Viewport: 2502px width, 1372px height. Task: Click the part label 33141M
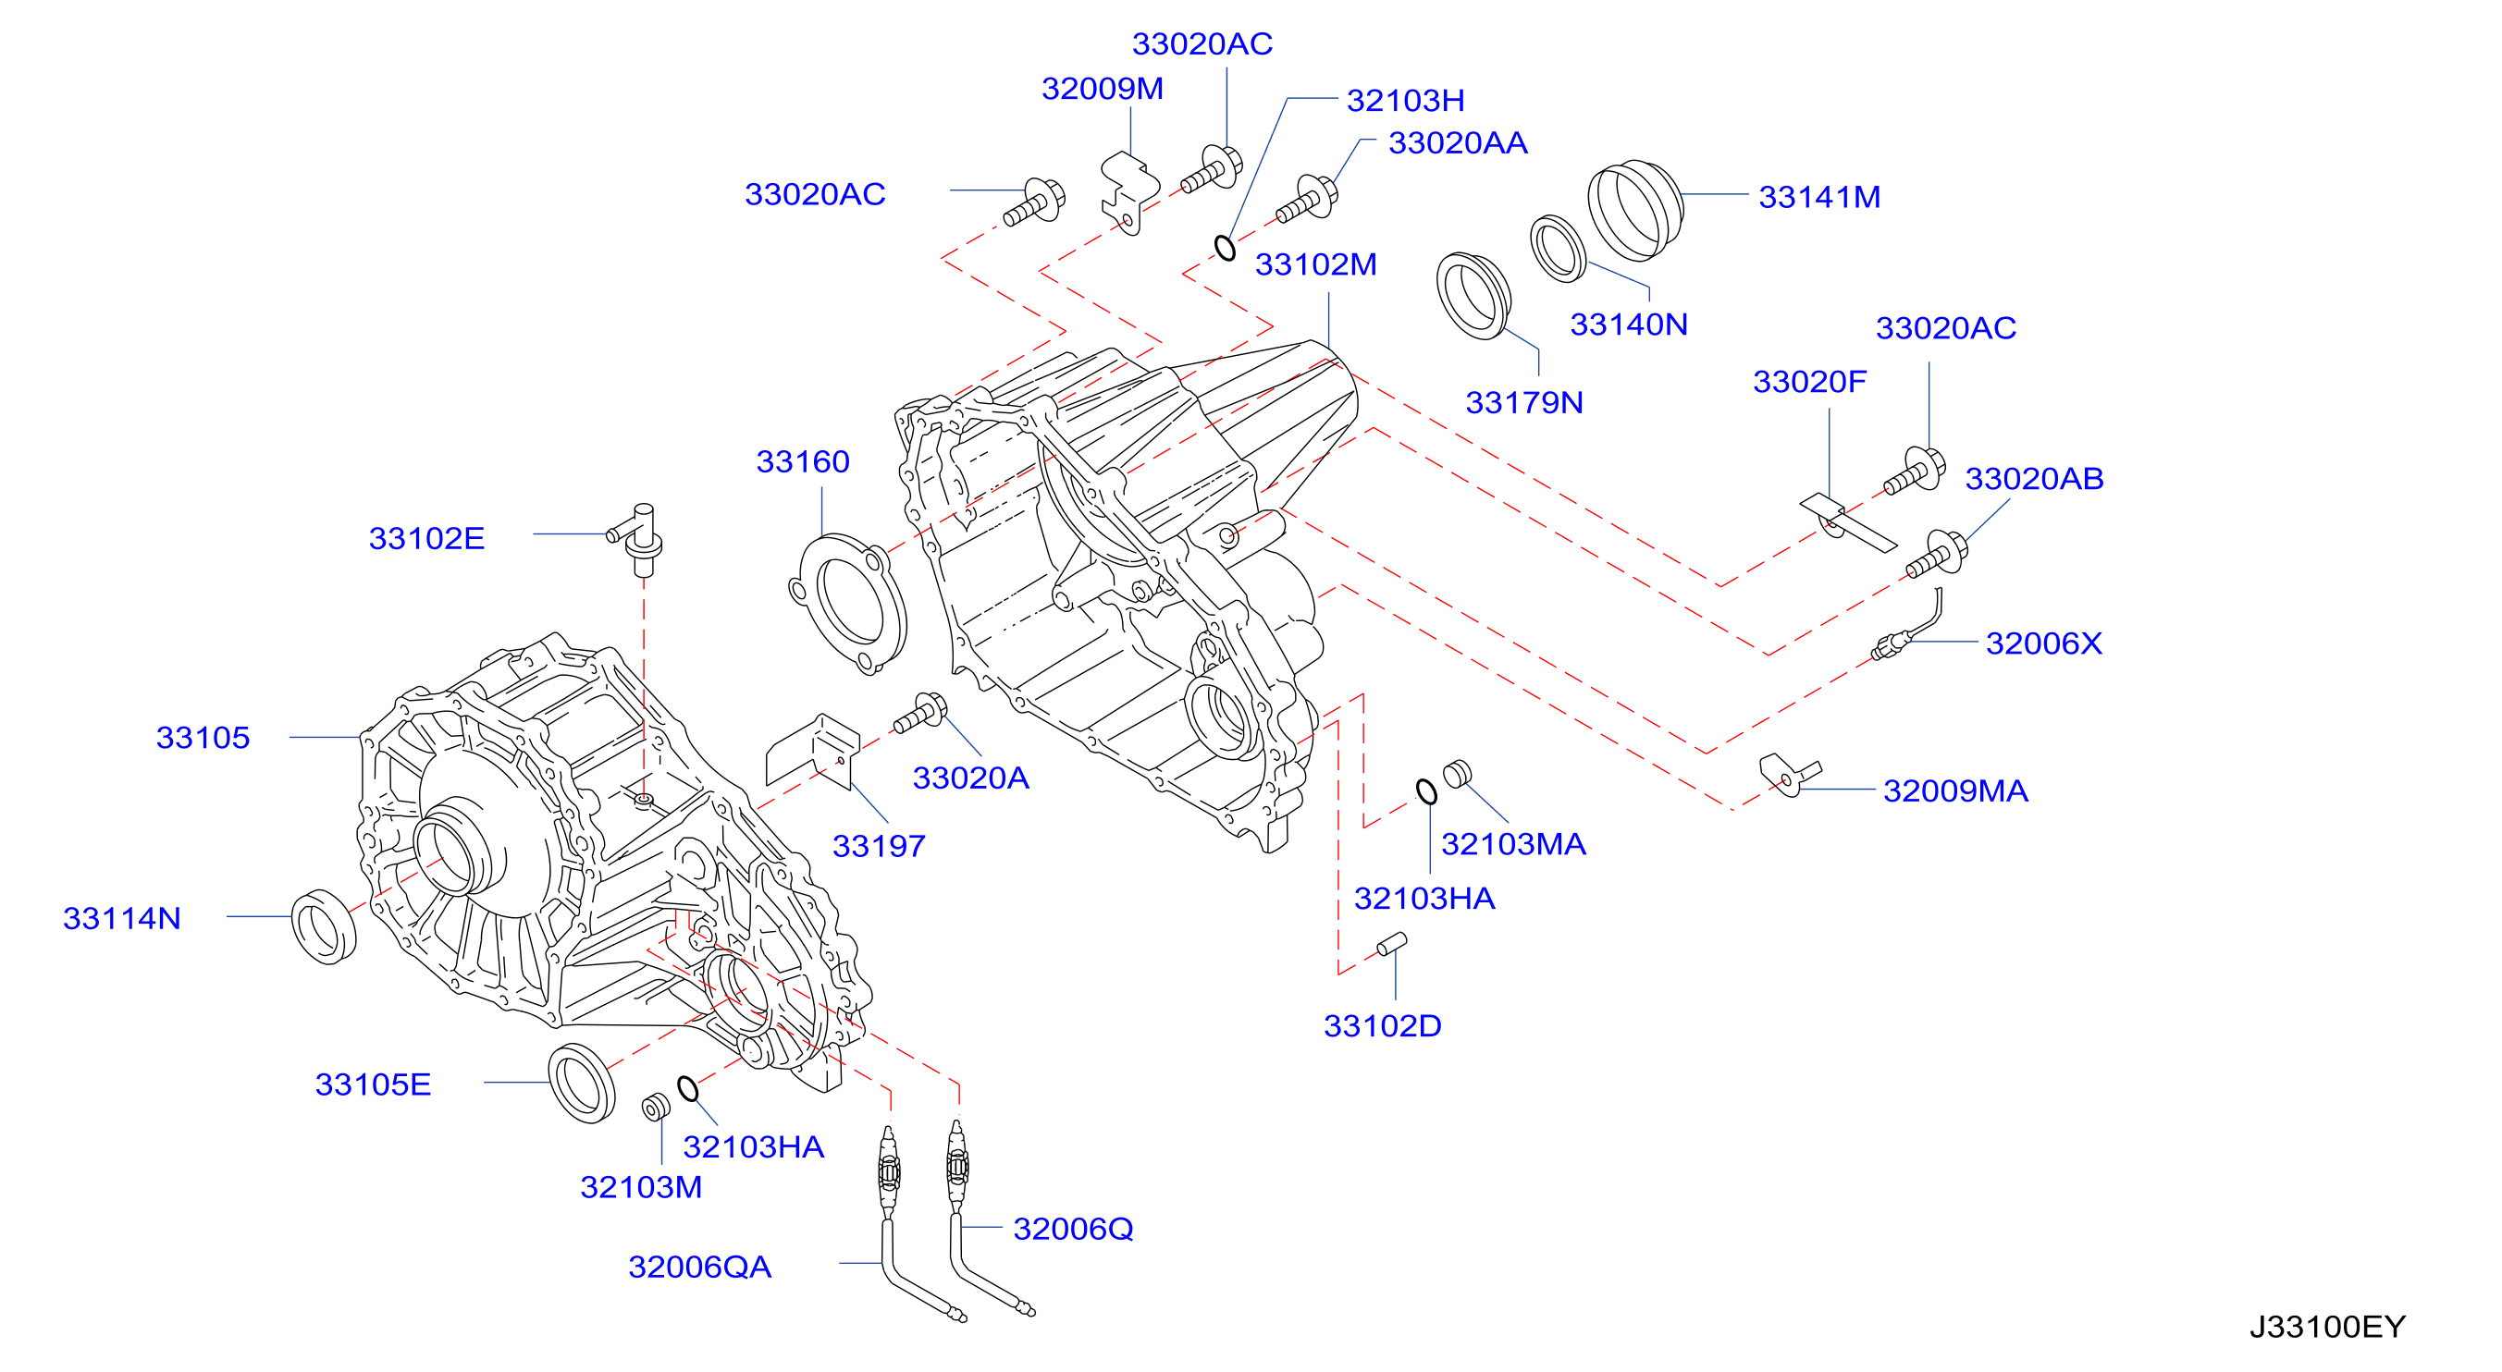1819,197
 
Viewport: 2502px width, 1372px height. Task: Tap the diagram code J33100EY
2327,1327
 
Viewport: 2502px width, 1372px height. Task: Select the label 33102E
426,539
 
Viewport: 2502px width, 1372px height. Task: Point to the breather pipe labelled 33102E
638,539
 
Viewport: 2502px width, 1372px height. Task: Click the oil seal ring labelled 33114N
324,926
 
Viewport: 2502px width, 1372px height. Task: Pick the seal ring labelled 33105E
582,1084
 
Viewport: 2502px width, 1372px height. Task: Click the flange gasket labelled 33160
849,604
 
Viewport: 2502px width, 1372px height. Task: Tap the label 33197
879,847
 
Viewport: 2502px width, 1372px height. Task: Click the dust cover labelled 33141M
1634,210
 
